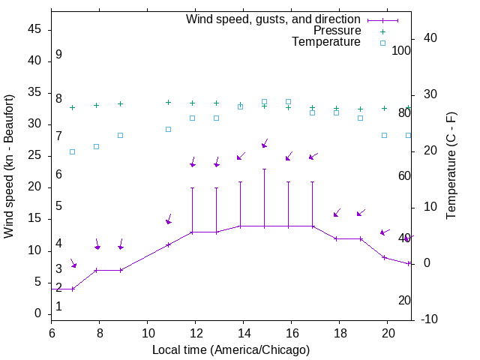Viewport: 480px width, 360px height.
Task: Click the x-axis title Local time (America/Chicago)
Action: pos(231,350)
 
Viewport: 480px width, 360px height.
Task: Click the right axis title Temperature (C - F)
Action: pos(451,166)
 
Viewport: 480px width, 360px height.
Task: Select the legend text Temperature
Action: pos(326,43)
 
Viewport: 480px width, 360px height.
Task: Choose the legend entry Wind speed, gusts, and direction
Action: pos(274,19)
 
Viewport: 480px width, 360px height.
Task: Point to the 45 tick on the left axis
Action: pos(34,30)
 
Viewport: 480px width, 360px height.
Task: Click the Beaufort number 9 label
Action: pos(58,55)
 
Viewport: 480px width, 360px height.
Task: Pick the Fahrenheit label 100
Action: pos(401,50)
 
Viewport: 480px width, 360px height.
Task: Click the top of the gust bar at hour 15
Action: pos(264,169)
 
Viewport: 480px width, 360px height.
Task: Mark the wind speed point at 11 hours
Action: pos(168,244)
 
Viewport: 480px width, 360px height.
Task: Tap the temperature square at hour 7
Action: pos(72,151)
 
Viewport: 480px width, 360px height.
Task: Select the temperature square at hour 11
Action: pos(168,129)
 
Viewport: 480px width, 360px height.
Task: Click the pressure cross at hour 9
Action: pos(120,103)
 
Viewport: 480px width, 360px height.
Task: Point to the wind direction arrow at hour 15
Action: pos(264,143)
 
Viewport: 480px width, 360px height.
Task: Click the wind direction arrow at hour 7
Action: pos(73,263)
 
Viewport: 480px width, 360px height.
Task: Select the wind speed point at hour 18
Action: pos(336,238)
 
